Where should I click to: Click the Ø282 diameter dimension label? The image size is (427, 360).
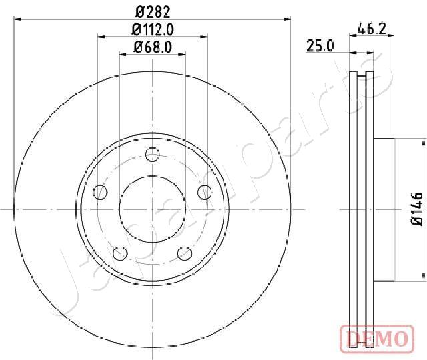153,12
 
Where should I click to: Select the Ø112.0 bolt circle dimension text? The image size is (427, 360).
153,29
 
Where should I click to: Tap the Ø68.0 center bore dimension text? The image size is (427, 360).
153,47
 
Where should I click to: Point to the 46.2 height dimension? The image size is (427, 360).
372,29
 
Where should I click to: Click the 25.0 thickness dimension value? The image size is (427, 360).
320,46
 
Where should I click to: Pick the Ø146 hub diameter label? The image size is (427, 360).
417,209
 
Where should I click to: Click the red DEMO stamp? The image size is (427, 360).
377,339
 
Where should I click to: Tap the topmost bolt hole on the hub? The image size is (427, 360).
153,155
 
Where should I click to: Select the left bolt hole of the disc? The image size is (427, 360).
101,193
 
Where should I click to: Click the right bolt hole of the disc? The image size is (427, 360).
205,193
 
